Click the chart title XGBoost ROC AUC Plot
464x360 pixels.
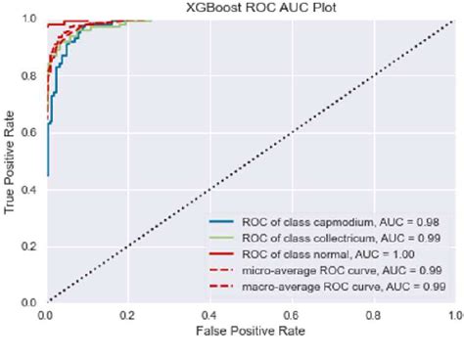tap(250, 8)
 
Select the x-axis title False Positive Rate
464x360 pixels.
tap(250, 333)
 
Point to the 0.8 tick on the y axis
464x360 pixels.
tap(30, 75)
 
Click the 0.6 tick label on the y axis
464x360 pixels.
tap(30, 132)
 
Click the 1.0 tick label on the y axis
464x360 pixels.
tap(30, 19)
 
